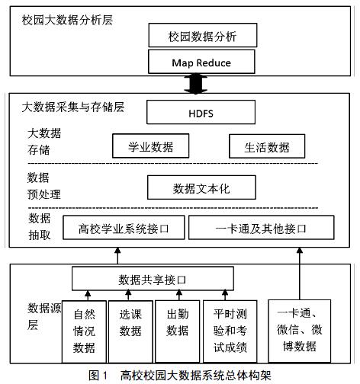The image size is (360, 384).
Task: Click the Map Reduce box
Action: [x=201, y=62]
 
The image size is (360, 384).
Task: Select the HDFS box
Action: [x=201, y=112]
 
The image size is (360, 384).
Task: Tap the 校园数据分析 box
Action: [x=203, y=35]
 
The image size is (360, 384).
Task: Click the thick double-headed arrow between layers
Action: [x=196, y=84]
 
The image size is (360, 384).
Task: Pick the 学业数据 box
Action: [x=151, y=146]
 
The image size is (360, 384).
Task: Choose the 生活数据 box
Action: [x=267, y=146]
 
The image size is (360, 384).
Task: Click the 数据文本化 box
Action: [x=201, y=187]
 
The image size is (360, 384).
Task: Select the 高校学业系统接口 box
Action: [x=124, y=228]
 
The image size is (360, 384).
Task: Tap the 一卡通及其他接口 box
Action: [x=262, y=228]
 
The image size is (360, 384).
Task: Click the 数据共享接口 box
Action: [x=153, y=279]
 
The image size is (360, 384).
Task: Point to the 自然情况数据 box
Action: [x=84, y=331]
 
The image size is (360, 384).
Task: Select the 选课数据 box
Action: [x=130, y=331]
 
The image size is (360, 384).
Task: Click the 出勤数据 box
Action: [x=177, y=331]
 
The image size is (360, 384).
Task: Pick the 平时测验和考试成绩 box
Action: [x=230, y=331]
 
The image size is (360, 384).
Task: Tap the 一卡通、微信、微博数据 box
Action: [x=300, y=331]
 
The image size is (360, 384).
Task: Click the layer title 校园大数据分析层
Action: [x=67, y=20]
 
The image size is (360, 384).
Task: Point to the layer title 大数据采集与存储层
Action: [x=73, y=107]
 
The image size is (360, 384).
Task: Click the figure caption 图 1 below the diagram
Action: [x=98, y=376]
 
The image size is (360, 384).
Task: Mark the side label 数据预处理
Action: [x=43, y=186]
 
